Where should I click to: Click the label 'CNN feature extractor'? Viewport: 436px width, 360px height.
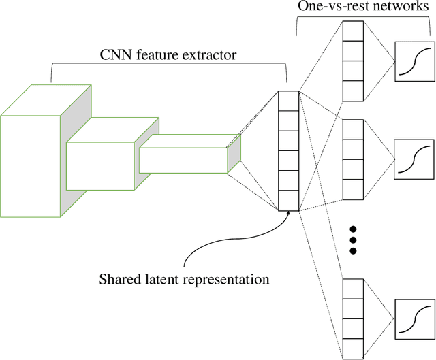point(168,54)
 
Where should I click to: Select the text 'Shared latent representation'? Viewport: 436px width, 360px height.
point(183,279)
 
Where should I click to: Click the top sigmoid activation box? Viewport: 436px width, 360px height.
point(413,61)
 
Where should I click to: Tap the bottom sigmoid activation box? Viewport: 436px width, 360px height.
point(413,318)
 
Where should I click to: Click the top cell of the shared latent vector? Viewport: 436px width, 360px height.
point(289,99)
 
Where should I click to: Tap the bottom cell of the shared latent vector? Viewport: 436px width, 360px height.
point(289,201)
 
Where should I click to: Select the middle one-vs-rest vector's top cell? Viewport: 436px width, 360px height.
point(352,129)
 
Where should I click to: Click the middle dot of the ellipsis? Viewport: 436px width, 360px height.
point(353,240)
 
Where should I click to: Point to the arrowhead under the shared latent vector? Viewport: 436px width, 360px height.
point(290,213)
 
